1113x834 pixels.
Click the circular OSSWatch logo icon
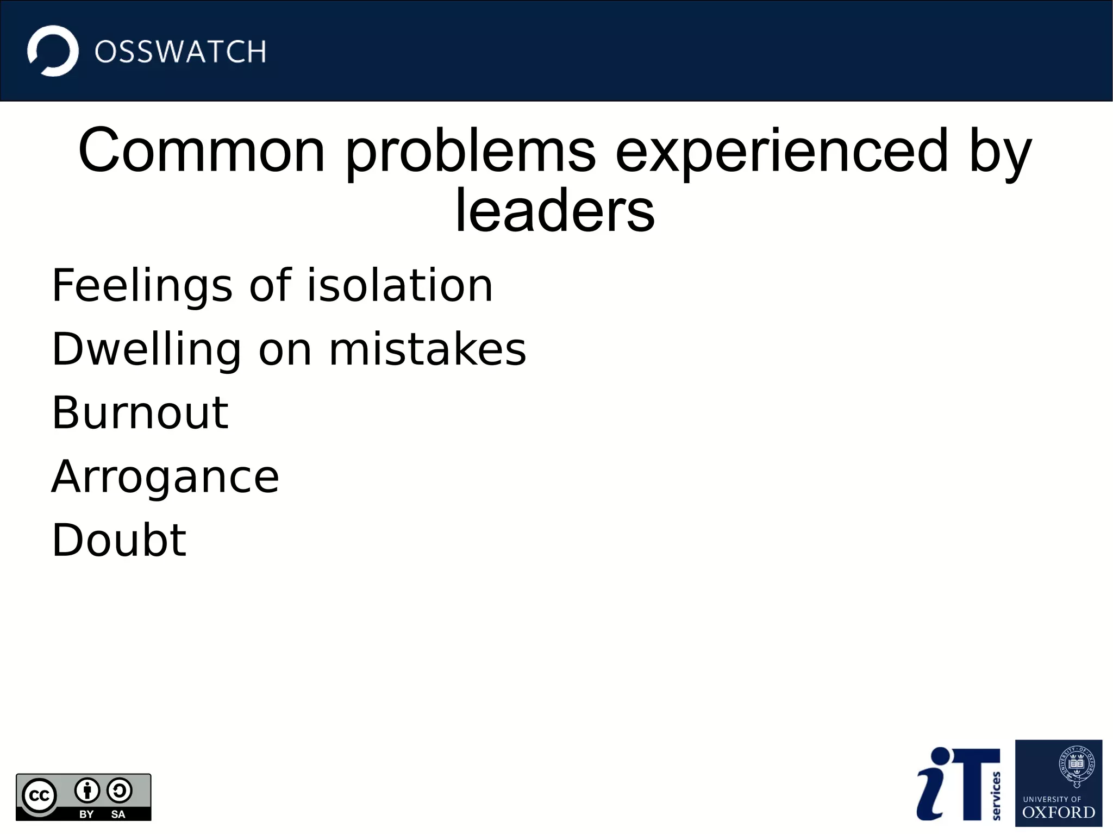pyautogui.click(x=53, y=51)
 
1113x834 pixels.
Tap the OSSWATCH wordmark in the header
pyautogui.click(x=180, y=52)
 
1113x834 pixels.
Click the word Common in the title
pyautogui.click(x=201, y=151)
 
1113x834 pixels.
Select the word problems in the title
pyautogui.click(x=471, y=152)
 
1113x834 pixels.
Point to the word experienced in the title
pyautogui.click(x=782, y=152)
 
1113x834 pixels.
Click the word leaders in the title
pyautogui.click(x=555, y=211)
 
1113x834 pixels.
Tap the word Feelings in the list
pyautogui.click(x=142, y=286)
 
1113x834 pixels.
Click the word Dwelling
pyautogui.click(x=146, y=349)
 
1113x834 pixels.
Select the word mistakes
pyautogui.click(x=428, y=349)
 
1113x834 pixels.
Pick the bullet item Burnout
pyautogui.click(x=140, y=413)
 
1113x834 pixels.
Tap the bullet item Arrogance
pyautogui.click(x=165, y=477)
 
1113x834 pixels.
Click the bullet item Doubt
pyautogui.click(x=119, y=540)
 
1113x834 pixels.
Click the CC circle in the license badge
pyautogui.click(x=39, y=796)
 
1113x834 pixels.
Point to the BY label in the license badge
pyautogui.click(x=86, y=814)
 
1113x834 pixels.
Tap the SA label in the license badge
pyautogui.click(x=118, y=814)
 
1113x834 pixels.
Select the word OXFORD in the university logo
pyautogui.click(x=1058, y=812)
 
